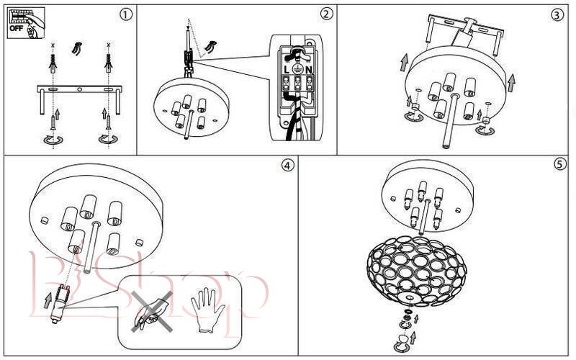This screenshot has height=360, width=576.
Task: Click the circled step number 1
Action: click(126, 14)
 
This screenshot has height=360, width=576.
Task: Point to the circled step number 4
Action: click(288, 165)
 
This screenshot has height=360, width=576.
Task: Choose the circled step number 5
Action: click(560, 164)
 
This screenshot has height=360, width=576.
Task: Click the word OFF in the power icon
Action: click(15, 29)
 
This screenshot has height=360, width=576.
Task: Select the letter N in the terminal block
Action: click(309, 69)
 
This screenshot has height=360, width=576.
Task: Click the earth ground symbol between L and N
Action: click(296, 69)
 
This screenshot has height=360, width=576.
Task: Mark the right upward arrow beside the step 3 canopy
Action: click(511, 82)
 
